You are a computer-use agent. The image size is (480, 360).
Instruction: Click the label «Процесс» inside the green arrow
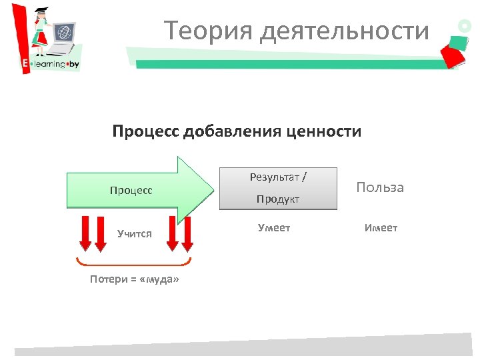tap(131, 190)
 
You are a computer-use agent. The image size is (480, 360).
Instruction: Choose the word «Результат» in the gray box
tap(274, 177)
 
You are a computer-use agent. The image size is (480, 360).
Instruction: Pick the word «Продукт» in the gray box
tap(278, 199)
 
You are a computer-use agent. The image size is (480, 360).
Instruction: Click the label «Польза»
tap(380, 187)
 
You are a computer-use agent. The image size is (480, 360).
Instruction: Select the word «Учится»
tap(135, 233)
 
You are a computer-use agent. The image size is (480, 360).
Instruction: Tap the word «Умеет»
tap(274, 228)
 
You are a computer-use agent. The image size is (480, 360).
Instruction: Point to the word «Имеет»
tap(381, 228)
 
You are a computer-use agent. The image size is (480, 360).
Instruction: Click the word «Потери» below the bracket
tap(108, 279)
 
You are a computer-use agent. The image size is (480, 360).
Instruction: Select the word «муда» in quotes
tap(157, 279)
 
